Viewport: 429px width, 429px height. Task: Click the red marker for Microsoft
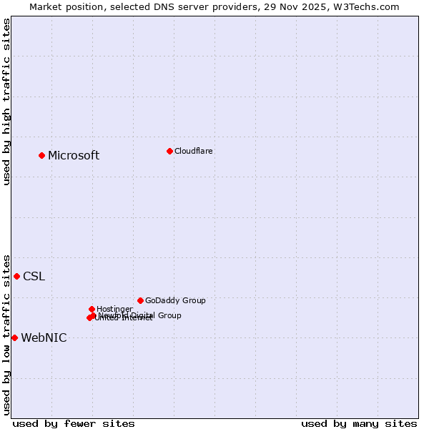pyautogui.click(x=41, y=155)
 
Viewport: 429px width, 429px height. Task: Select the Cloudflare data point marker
pyautogui.click(x=169, y=151)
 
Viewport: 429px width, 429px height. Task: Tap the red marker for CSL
pyautogui.click(x=16, y=276)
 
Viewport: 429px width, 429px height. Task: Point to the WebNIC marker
pyautogui.click(x=14, y=337)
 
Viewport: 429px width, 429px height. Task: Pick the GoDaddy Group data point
pyautogui.click(x=140, y=300)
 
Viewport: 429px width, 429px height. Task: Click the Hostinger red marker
pyautogui.click(x=92, y=309)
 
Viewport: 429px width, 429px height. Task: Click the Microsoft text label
pyautogui.click(x=74, y=156)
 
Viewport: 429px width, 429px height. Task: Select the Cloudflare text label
pyautogui.click(x=193, y=151)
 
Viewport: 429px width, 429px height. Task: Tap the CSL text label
pyautogui.click(x=34, y=277)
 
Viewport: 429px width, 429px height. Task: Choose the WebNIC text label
pyautogui.click(x=44, y=338)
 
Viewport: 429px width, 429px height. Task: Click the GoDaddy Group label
pyautogui.click(x=175, y=300)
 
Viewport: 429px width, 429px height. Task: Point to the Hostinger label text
pyautogui.click(x=114, y=309)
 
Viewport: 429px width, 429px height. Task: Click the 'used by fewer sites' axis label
pyautogui.click(x=74, y=423)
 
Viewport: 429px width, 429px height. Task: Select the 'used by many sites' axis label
pyautogui.click(x=359, y=423)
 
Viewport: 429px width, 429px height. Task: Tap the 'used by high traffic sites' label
pyautogui.click(x=6, y=102)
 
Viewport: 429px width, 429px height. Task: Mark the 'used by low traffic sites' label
pyautogui.click(x=6, y=335)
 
